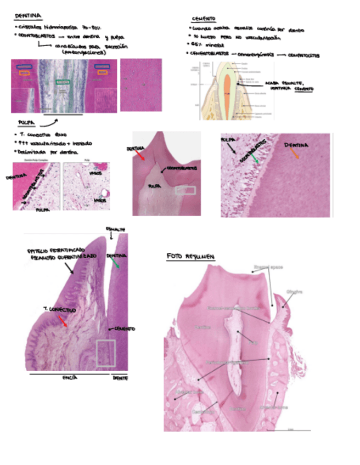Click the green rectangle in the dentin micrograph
pos(63,82)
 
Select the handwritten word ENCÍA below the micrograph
pos(69,378)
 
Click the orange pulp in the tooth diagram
pos(227,87)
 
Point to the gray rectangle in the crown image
pos(184,190)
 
